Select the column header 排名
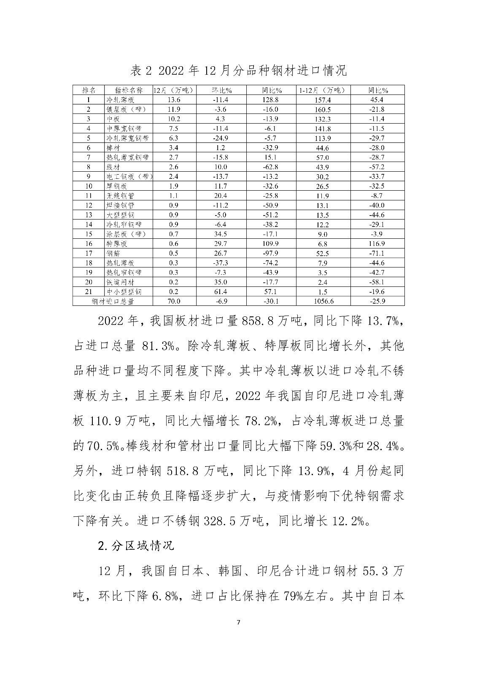click(89, 90)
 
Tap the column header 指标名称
click(129, 90)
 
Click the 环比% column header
click(221, 90)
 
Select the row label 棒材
click(114, 148)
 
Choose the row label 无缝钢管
click(121, 196)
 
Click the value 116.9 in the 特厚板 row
click(377, 244)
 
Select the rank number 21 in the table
click(89, 292)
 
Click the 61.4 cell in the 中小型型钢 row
click(221, 292)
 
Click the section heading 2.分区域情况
click(135, 545)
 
